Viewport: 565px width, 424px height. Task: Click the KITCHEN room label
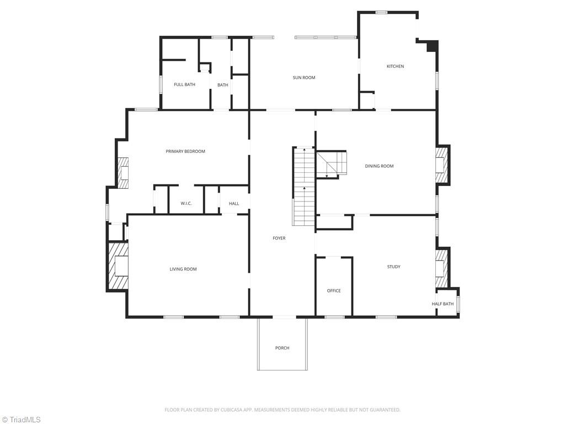click(x=395, y=66)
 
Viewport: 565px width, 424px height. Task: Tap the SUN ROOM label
click(x=304, y=78)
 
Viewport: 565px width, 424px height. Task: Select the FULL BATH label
click(x=184, y=84)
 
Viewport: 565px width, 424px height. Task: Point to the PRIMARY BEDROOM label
click(x=185, y=151)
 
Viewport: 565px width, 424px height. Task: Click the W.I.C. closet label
click(x=186, y=204)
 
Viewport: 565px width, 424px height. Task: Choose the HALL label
click(x=234, y=204)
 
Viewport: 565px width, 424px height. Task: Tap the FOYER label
click(x=279, y=238)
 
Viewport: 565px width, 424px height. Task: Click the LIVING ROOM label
click(x=183, y=269)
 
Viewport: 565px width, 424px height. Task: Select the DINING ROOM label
click(x=380, y=166)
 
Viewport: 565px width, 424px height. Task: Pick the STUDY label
click(x=393, y=267)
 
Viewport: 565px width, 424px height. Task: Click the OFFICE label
click(x=334, y=291)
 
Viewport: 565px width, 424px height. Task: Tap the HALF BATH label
click(x=443, y=304)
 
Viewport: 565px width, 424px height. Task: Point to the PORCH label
click(x=282, y=348)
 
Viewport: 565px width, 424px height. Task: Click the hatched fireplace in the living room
click(x=118, y=266)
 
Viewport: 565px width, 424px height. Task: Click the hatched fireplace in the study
click(x=441, y=268)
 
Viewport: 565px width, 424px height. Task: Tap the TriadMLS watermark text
click(x=25, y=420)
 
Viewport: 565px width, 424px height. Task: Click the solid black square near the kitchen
click(x=432, y=46)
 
